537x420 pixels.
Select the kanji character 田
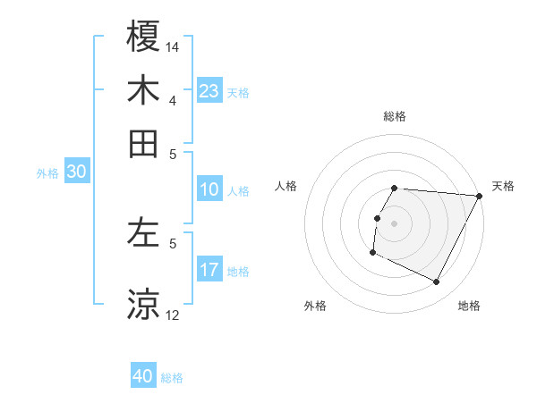point(144,143)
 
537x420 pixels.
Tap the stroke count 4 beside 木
point(173,100)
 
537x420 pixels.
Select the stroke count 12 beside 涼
point(173,315)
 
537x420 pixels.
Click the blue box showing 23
point(209,91)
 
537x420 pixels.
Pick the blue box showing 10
point(209,189)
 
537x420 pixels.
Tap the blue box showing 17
point(209,270)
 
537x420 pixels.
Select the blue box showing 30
point(76,172)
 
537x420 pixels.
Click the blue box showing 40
point(143,376)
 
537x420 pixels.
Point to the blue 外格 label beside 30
point(47,173)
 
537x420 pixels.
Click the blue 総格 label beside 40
point(172,378)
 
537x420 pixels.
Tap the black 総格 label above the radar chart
point(395,116)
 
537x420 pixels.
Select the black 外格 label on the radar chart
point(315,307)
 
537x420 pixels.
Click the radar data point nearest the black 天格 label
point(480,196)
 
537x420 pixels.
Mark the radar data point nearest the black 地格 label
point(437,282)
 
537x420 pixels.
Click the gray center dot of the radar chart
point(395,223)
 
